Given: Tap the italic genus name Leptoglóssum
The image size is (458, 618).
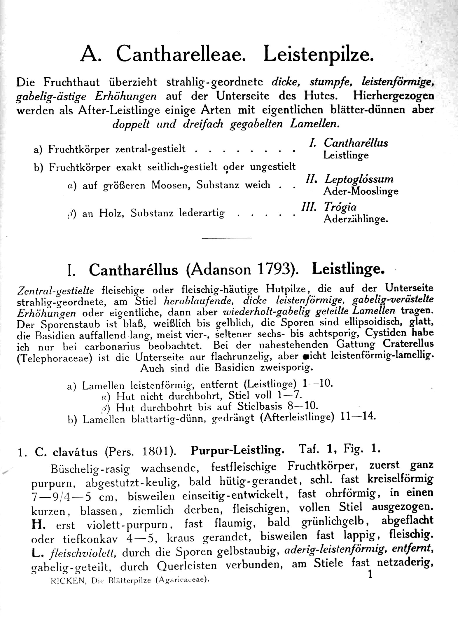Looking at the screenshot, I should tap(359, 179).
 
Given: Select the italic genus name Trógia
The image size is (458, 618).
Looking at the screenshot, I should tap(340, 207).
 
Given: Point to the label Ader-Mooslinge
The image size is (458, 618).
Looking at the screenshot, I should tap(361, 191).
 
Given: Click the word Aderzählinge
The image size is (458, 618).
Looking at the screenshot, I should tap(356, 219).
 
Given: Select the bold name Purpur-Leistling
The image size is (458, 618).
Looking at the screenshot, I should tap(237, 451).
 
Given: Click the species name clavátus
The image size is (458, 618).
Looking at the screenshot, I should tap(75, 452).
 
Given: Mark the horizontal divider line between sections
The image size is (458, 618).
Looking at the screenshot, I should tap(226, 238).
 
